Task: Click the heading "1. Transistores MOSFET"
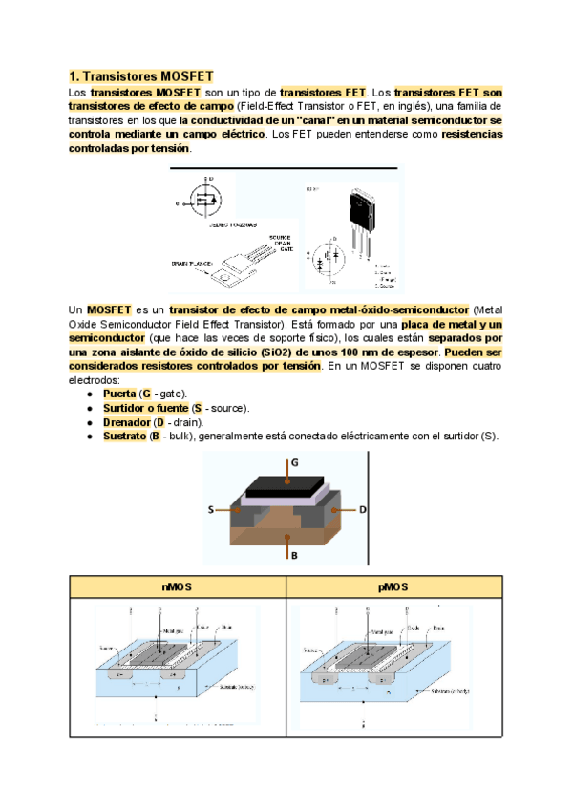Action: pyautogui.click(x=141, y=76)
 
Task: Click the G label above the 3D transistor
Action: pyautogui.click(x=293, y=461)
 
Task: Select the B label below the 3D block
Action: pyautogui.click(x=293, y=554)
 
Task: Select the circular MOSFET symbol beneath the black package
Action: pyautogui.click(x=331, y=258)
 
